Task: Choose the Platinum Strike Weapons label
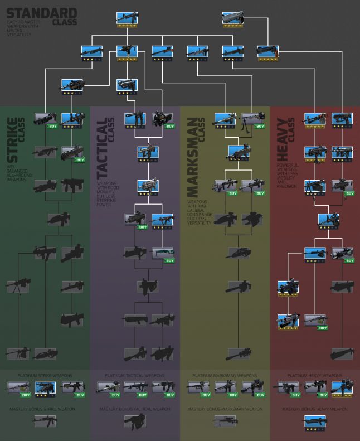pos(45,376)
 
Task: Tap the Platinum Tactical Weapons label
pos(135,376)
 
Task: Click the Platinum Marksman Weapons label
pos(225,376)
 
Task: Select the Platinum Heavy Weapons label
pos(315,376)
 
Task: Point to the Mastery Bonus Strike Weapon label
pos(45,409)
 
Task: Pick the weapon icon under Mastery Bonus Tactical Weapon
pos(135,422)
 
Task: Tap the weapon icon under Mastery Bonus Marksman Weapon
pos(225,421)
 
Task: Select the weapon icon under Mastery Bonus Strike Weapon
pos(46,421)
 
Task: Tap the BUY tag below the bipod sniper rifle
pos(260,127)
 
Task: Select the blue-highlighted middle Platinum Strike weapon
pos(46,387)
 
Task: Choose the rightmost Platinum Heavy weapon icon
pos(342,388)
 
